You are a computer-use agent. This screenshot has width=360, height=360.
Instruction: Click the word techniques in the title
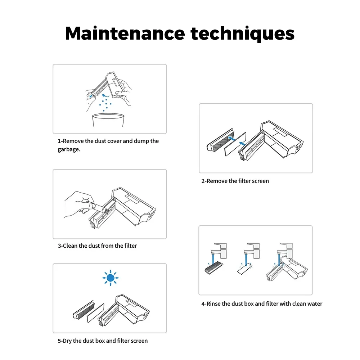(x=242, y=34)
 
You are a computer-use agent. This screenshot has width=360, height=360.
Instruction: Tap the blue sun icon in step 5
(x=111, y=278)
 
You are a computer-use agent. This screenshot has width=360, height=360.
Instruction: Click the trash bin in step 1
(x=108, y=120)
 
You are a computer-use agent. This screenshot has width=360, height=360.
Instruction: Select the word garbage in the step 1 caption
(x=69, y=149)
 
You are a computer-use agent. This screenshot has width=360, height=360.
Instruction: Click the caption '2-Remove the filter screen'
(x=235, y=181)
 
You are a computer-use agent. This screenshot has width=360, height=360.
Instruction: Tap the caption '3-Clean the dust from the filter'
(x=97, y=246)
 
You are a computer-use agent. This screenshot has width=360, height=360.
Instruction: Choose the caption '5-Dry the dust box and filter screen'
(x=103, y=341)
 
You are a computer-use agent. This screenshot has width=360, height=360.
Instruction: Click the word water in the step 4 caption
(x=315, y=304)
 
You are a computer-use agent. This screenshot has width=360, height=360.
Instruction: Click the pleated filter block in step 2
(x=220, y=140)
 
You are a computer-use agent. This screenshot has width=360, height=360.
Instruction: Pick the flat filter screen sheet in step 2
(x=235, y=144)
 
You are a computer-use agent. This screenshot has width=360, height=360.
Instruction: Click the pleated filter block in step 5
(x=84, y=310)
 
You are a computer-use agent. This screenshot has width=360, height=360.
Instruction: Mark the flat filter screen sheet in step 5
(x=95, y=313)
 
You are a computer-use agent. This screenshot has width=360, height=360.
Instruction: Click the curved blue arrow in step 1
(x=105, y=95)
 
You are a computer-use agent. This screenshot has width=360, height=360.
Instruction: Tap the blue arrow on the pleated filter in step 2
(x=231, y=139)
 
